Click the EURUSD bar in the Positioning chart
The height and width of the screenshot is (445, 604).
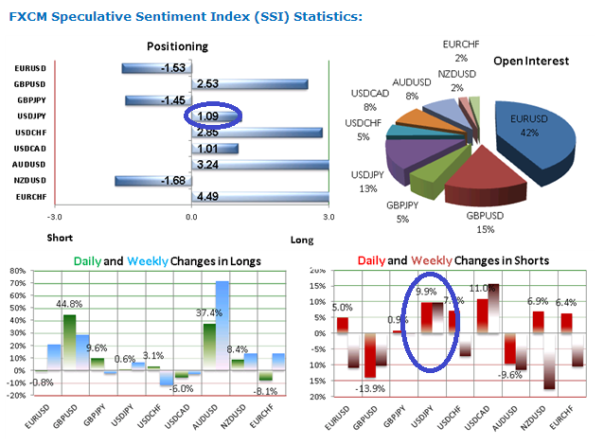pos(155,68)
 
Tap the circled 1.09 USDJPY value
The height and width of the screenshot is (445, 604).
pos(207,116)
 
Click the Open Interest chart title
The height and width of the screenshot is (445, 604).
pos(531,61)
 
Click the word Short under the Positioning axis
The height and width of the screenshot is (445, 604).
pos(59,238)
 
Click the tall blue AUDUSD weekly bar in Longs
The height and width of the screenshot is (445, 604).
pos(222,327)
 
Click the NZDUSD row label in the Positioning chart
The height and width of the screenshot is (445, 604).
pos(30,180)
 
